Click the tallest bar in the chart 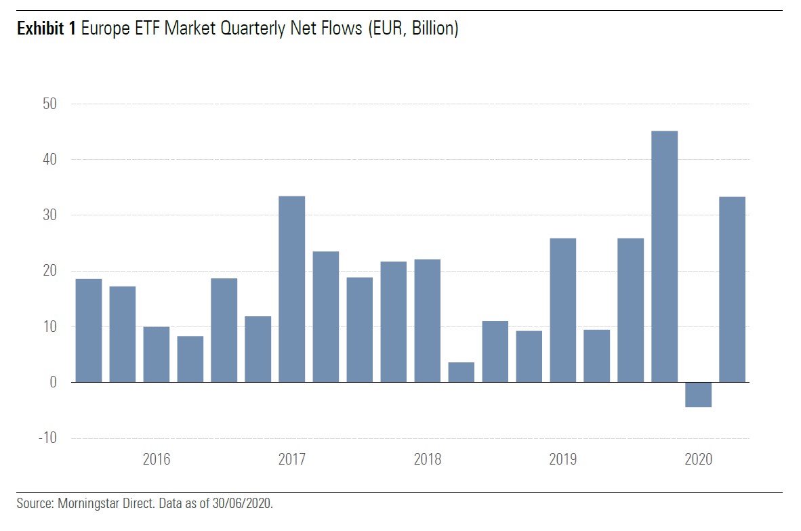[x=664, y=257]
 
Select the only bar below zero [x=698, y=394]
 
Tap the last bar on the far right [x=732, y=289]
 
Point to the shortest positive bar [x=461, y=372]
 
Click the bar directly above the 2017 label [x=292, y=289]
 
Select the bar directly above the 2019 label [x=562, y=310]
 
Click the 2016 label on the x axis [x=157, y=460]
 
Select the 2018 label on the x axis [x=427, y=460]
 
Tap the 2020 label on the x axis [x=698, y=460]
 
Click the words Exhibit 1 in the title [x=46, y=29]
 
